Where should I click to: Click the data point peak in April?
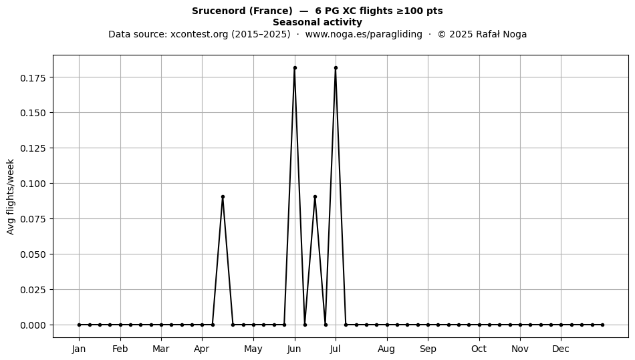coord(223,197)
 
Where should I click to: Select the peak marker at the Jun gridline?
coord(295,68)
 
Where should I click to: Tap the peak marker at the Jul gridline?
coord(336,68)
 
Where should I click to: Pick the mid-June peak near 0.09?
coord(315,197)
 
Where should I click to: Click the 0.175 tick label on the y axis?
coord(33,77)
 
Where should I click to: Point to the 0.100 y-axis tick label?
coord(33,184)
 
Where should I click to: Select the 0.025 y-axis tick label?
coord(33,290)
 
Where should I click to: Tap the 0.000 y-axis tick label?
coord(33,325)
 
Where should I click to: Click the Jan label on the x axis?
coord(79,349)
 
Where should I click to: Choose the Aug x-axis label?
coord(386,349)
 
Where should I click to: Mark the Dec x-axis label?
coord(561,349)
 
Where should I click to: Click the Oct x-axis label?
coord(479,349)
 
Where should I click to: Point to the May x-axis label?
coord(253,349)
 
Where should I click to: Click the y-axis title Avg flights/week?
coord(11,196)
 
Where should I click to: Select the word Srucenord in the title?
coord(219,11)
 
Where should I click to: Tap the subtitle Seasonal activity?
coord(317,22)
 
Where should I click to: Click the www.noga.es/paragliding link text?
coord(364,34)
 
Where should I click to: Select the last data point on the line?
coord(603,325)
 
